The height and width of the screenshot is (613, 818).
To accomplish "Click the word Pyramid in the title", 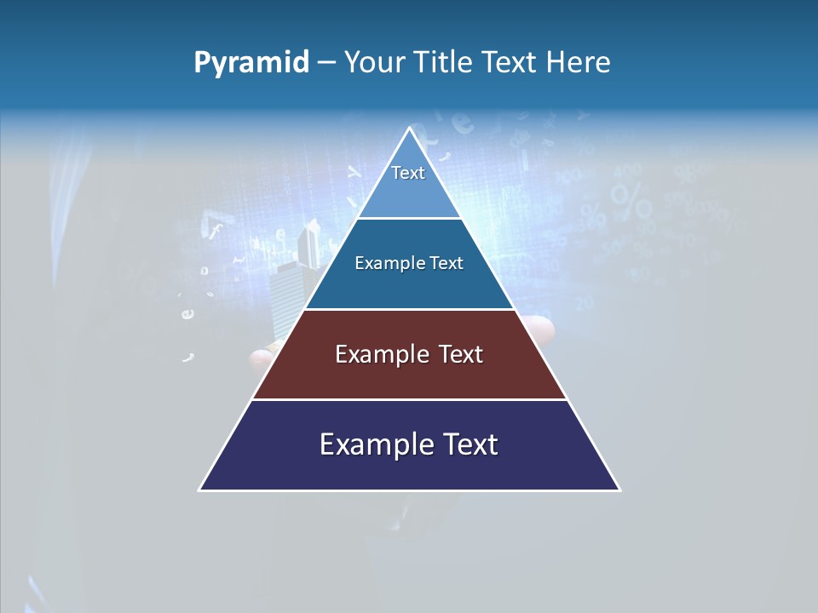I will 251,63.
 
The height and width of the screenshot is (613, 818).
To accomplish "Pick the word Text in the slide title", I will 511,63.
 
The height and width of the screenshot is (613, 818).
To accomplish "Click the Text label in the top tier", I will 408,173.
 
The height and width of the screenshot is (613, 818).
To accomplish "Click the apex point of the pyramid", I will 409,128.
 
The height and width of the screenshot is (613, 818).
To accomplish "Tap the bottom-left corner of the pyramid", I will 200,490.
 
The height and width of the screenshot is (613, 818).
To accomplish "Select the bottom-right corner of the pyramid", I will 619,490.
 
